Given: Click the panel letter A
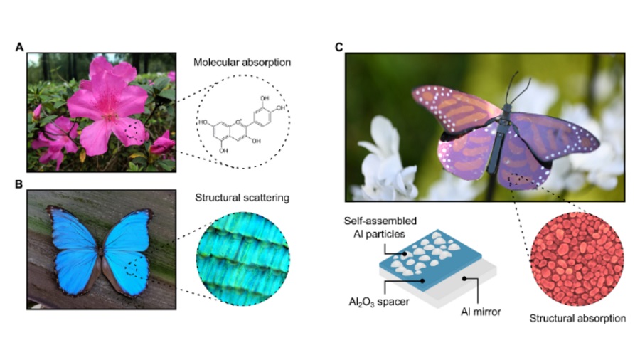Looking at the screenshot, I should [x=21, y=47].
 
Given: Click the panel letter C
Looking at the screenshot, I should [x=339, y=47].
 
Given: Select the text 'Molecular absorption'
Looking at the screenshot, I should [x=242, y=63].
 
